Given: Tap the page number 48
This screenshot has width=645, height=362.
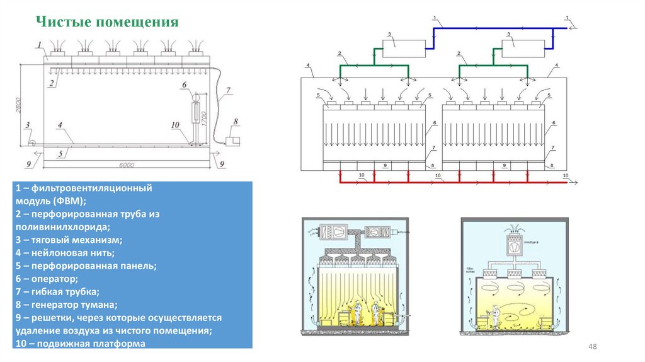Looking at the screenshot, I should coord(591,347).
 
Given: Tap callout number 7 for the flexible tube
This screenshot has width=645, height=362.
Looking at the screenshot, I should coord(229,90).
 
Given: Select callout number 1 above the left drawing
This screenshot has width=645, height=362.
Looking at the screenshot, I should coord(39,44).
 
